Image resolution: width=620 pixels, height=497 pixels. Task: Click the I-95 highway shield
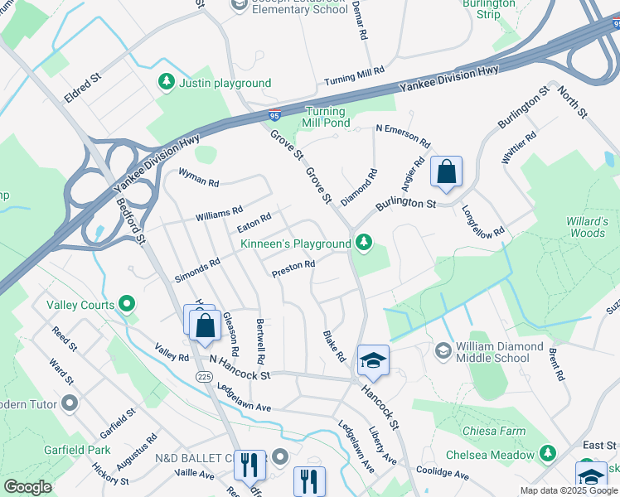tap(274, 116)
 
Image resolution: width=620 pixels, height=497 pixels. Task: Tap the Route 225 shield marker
tap(204, 377)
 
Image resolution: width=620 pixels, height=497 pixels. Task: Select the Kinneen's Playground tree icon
tap(362, 243)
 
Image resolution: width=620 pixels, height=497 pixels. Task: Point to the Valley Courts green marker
tap(127, 304)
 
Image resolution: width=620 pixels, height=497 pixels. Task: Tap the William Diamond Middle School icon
tap(443, 351)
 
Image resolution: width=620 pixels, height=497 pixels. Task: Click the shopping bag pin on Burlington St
tap(446, 172)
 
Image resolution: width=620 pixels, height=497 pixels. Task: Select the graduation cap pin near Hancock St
tap(373, 360)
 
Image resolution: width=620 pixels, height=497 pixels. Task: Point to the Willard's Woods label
tap(586, 227)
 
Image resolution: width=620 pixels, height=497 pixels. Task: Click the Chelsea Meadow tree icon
tap(546, 453)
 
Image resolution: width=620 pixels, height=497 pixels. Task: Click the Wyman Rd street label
tap(199, 177)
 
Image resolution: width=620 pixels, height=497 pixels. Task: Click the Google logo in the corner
tap(27, 487)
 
